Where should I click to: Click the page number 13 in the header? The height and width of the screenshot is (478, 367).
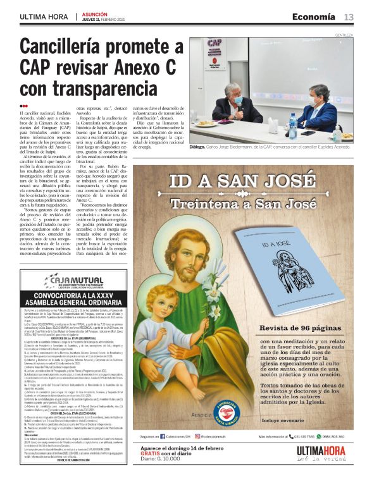click(349, 16)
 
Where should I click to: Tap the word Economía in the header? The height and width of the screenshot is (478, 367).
click(314, 16)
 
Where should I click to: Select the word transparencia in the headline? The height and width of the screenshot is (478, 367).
click(104, 87)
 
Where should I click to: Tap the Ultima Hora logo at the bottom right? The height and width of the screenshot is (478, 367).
click(323, 453)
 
